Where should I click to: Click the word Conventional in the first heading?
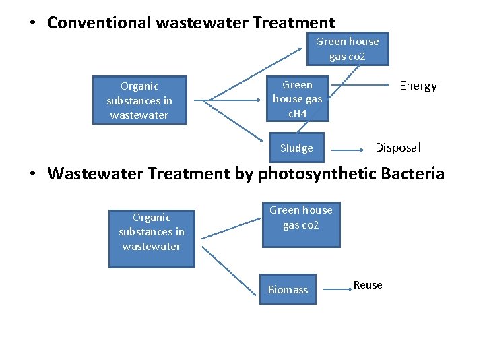pyautogui.click(x=99, y=23)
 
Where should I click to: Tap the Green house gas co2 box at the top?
pyautogui.click(x=348, y=49)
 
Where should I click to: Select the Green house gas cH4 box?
pyautogui.click(x=297, y=99)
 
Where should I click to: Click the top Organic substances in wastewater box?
pyautogui.click(x=139, y=100)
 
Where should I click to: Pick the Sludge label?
pyautogui.click(x=296, y=148)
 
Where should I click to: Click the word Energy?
pyautogui.click(x=418, y=86)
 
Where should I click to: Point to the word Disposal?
pyautogui.click(x=397, y=148)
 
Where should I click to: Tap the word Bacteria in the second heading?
pyautogui.click(x=412, y=174)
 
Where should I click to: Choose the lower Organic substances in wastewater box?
pyautogui.click(x=152, y=239)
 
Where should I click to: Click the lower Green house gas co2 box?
pyautogui.click(x=301, y=224)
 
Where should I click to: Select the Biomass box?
pyautogui.click(x=288, y=289)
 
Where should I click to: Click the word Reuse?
pyautogui.click(x=368, y=285)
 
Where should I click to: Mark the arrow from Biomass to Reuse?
pyautogui.click(x=337, y=288)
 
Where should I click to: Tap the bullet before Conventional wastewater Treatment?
pyautogui.click(x=32, y=24)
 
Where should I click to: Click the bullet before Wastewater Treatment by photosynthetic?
pyautogui.click(x=32, y=175)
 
